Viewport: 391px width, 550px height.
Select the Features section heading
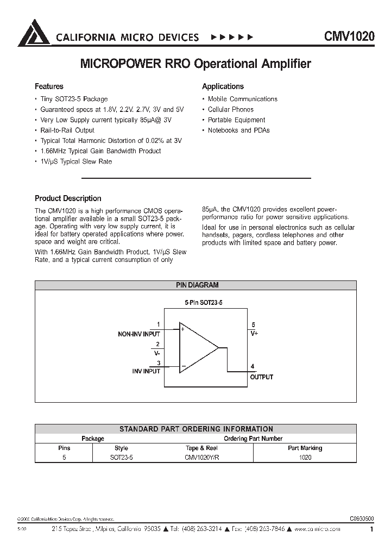coord(49,86)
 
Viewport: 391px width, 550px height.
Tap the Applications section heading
coord(223,86)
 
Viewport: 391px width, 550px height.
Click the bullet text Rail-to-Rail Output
coord(67,130)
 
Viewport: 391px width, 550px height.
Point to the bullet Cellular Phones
coord(230,110)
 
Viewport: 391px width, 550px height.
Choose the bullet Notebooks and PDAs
coord(238,130)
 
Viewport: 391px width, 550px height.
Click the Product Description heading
coord(68,198)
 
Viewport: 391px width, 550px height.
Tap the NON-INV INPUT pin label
coord(139,334)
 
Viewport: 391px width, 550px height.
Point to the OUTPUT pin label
coord(261,377)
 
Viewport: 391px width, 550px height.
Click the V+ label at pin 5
coord(254,334)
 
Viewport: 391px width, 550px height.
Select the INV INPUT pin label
coord(146,371)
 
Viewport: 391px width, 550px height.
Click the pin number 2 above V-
coord(157,344)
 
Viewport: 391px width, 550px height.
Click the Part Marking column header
coord(305,448)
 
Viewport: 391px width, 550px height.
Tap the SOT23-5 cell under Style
coord(121,458)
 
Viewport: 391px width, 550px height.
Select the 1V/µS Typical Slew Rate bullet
coord(76,161)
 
